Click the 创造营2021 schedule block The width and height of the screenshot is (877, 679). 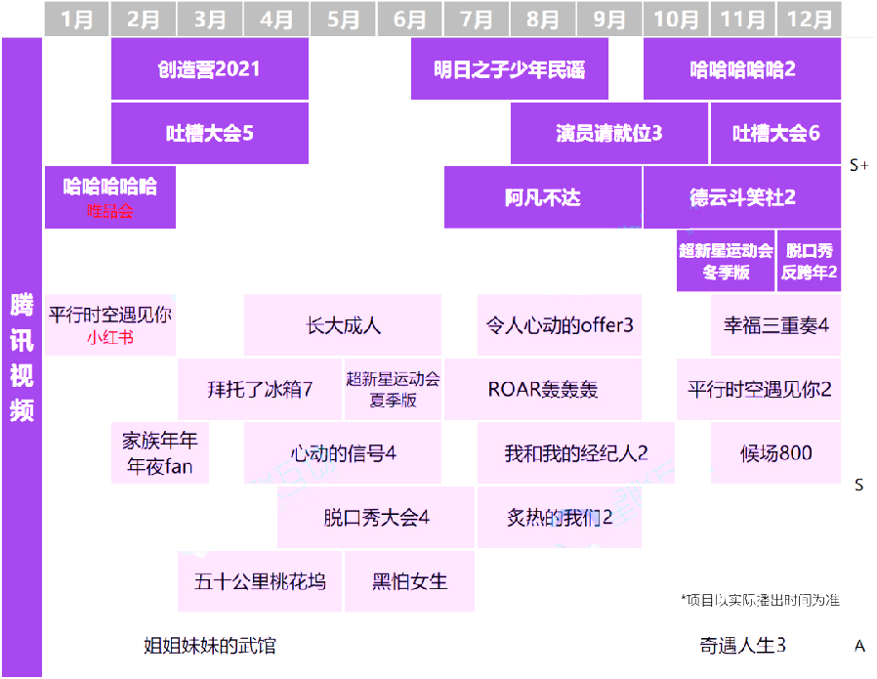[209, 69]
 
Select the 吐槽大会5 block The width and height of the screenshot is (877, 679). [209, 134]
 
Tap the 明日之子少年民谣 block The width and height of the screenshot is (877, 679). [509, 69]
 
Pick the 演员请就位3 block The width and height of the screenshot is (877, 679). [608, 134]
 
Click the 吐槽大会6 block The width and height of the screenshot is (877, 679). [775, 134]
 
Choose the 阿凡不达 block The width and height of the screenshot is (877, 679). [542, 197]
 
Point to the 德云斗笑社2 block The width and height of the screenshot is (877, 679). [741, 197]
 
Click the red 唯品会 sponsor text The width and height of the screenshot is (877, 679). [109, 211]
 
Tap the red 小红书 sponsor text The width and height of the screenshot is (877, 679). [109, 338]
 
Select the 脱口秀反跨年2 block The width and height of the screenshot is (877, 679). [810, 262]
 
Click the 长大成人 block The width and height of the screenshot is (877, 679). [343, 325]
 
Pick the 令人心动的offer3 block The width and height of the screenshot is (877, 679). [560, 325]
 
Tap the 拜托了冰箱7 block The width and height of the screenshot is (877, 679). [260, 389]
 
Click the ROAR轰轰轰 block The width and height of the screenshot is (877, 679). [542, 389]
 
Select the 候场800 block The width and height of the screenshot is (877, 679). [775, 453]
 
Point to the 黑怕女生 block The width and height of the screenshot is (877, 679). [409, 581]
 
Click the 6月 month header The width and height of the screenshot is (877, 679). [409, 20]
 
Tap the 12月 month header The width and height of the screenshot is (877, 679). [810, 20]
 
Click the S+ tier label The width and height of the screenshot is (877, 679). [859, 165]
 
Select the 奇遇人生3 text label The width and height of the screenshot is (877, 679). [742, 645]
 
